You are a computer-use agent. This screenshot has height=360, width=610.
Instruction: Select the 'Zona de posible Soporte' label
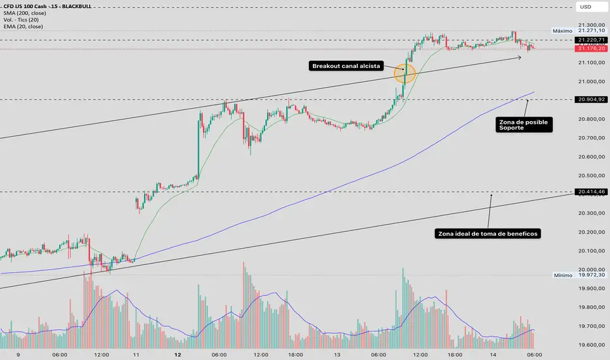[x=523, y=124]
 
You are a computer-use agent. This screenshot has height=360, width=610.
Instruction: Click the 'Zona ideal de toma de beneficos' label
[x=488, y=233]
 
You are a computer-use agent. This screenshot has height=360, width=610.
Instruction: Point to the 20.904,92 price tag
[x=590, y=99]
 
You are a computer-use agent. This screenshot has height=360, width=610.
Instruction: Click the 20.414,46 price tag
[x=590, y=192]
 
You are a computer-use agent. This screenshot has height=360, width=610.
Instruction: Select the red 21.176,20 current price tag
[x=590, y=48]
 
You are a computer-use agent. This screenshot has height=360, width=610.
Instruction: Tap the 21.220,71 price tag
[x=590, y=40]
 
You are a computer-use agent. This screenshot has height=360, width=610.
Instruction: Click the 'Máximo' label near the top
[x=562, y=31]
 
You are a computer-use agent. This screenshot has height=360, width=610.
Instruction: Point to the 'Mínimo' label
[x=562, y=276]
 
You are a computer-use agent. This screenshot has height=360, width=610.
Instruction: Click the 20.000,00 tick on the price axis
[x=590, y=270]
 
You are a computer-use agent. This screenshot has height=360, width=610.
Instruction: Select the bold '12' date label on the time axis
[x=178, y=353]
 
